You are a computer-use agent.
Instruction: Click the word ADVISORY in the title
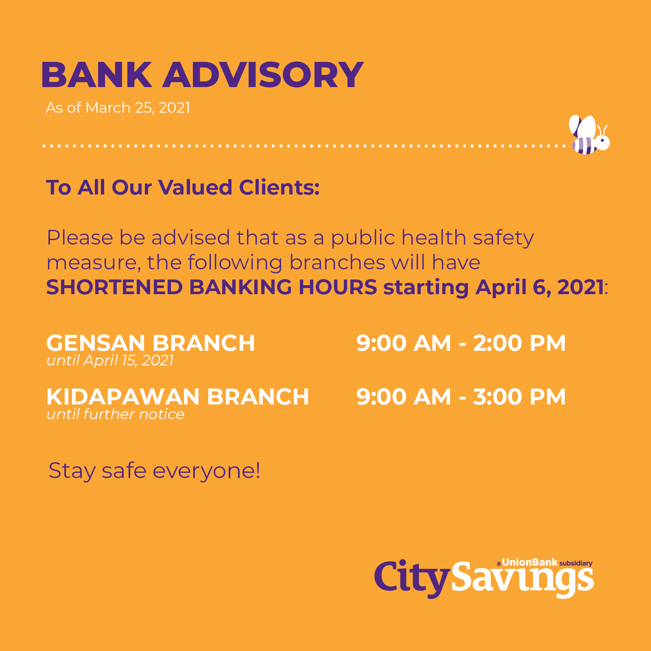[263, 75]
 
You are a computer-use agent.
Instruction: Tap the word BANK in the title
[96, 75]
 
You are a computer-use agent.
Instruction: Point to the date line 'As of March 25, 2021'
[118, 108]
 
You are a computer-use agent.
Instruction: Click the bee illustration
[589, 135]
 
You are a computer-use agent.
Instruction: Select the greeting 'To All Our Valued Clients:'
[183, 188]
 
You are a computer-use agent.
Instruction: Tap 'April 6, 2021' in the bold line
[540, 287]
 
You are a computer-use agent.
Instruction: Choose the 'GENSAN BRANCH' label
[151, 343]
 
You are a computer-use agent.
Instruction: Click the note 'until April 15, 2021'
[110, 360]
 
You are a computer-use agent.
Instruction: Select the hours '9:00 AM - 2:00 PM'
[461, 343]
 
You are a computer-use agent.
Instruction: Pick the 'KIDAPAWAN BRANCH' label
[178, 397]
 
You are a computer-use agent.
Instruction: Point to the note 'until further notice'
[116, 414]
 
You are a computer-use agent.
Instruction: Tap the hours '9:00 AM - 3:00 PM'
[461, 397]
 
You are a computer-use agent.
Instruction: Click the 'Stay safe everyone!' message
[154, 471]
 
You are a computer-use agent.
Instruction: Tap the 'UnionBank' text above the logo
[530, 562]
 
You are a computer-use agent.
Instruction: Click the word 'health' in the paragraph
[433, 238]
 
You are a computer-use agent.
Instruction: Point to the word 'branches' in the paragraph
[337, 262]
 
